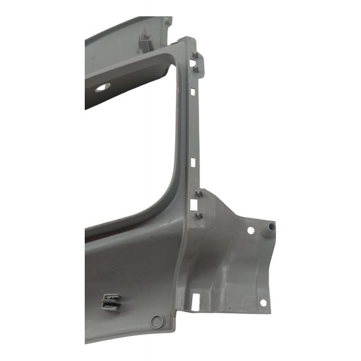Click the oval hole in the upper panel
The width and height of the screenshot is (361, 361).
click(103, 87)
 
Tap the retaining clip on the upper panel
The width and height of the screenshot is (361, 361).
click(146, 41)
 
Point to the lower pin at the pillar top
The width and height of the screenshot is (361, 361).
click(197, 70)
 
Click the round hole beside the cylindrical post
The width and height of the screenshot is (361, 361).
click(251, 230)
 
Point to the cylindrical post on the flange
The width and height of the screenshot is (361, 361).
click(271, 226)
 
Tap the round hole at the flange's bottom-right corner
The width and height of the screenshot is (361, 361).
click(262, 303)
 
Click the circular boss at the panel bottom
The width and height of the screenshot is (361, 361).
click(157, 321)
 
